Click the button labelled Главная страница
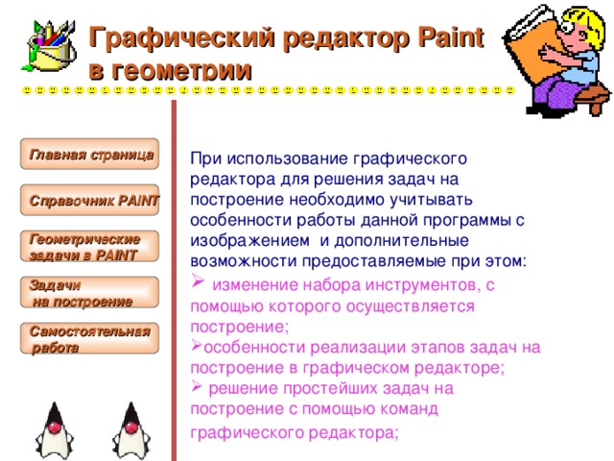[x=89, y=154]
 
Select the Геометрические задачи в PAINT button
[x=89, y=246]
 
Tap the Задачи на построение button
[x=89, y=292]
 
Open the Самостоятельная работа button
[x=89, y=338]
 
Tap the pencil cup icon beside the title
[x=50, y=46]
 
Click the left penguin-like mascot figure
[x=55, y=430]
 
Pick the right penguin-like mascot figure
[x=131, y=430]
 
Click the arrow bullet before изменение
[x=198, y=280]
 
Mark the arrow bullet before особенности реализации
[x=197, y=346]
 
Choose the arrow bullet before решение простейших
[x=197, y=387]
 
